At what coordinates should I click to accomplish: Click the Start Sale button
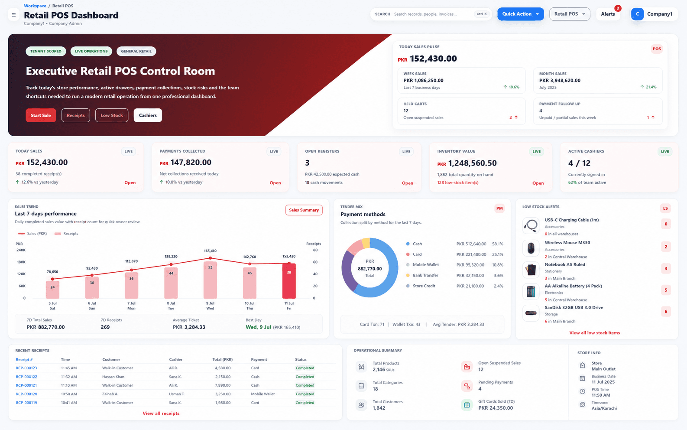(x=41, y=115)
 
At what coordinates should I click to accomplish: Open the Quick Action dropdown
(x=521, y=14)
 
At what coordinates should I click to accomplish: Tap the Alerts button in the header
(x=608, y=14)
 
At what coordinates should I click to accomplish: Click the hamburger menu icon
(x=13, y=15)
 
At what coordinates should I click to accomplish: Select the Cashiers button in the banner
(x=148, y=115)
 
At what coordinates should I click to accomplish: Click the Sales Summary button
(x=304, y=210)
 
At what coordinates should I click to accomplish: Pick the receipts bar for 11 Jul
(x=289, y=281)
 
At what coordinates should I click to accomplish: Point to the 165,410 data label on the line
(x=210, y=251)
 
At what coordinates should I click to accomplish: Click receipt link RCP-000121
(x=26, y=385)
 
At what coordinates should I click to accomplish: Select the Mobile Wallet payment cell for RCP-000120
(x=263, y=394)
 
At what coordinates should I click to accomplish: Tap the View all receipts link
(x=161, y=413)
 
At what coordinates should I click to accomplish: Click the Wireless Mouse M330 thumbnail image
(x=531, y=248)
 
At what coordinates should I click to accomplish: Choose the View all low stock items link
(x=594, y=333)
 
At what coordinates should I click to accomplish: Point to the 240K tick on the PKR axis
(x=21, y=250)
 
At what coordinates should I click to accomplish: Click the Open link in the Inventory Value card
(x=538, y=183)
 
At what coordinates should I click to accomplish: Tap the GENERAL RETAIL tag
(x=136, y=51)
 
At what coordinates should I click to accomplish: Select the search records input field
(x=432, y=14)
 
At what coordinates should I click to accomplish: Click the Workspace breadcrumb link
(x=35, y=6)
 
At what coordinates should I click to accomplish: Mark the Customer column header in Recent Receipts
(x=111, y=359)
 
